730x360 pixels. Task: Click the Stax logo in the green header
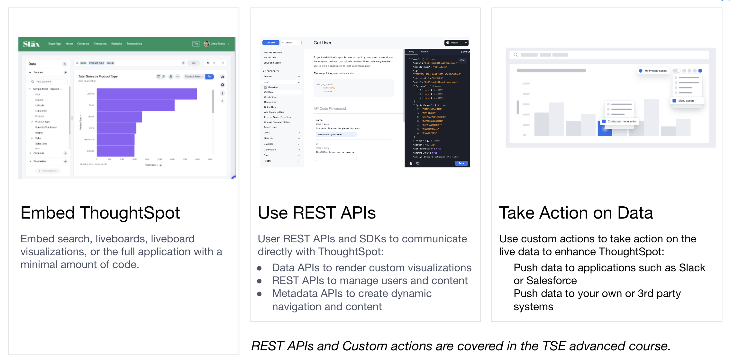tap(31, 44)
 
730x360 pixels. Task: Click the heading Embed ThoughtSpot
tap(100, 213)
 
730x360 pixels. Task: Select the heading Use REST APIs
tap(316, 213)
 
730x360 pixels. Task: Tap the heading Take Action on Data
tap(576, 213)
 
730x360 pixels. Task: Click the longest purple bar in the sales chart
tap(147, 94)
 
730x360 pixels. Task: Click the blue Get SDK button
tap(271, 42)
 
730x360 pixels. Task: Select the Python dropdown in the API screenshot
tap(456, 43)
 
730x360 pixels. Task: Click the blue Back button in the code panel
tap(461, 163)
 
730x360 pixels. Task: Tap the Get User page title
tap(322, 43)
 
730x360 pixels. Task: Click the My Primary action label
tap(655, 71)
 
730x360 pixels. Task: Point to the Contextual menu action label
tap(622, 122)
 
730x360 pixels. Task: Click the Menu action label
tap(686, 101)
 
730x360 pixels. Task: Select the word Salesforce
tap(551, 281)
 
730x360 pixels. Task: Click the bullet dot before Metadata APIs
tap(260, 294)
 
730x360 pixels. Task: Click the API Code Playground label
tap(330, 109)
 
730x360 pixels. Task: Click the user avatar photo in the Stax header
tap(206, 44)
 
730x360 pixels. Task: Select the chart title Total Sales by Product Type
tap(98, 76)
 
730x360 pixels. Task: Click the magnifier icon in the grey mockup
tap(516, 55)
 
